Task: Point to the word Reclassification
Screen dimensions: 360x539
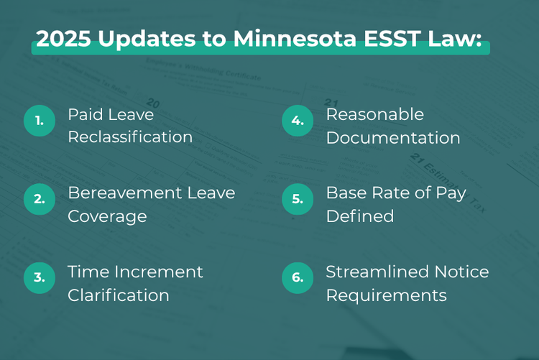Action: (x=130, y=137)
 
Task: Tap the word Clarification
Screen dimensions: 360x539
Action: (x=119, y=295)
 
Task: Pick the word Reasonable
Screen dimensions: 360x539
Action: (x=375, y=114)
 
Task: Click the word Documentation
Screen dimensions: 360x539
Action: (x=393, y=137)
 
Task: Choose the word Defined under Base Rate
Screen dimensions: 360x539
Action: (x=360, y=216)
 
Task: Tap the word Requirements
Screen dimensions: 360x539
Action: (x=386, y=295)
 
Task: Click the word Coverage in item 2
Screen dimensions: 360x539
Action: (x=107, y=216)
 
